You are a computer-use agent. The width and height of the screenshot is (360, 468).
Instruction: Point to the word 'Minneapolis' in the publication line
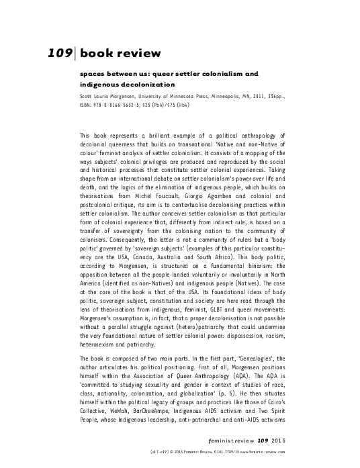[226, 95]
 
